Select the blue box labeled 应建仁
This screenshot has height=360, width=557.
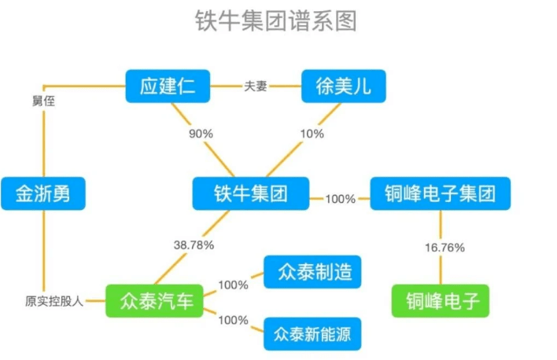[x=169, y=86]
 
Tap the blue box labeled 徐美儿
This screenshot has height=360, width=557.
[x=344, y=86]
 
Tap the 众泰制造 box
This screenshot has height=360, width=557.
[x=312, y=272]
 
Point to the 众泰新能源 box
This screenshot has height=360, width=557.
[x=312, y=333]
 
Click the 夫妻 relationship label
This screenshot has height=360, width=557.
[x=256, y=86]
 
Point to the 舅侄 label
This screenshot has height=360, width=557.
[x=43, y=101]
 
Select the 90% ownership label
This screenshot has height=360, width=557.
[x=201, y=133]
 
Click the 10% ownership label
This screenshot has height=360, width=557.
[x=312, y=133]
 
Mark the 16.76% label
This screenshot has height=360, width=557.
[x=444, y=247]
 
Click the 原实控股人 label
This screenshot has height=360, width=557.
[x=54, y=300]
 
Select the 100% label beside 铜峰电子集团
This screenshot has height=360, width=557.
[x=340, y=199]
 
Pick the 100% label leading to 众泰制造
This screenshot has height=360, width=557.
[x=233, y=285]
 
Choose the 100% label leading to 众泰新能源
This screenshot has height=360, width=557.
[x=233, y=320]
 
